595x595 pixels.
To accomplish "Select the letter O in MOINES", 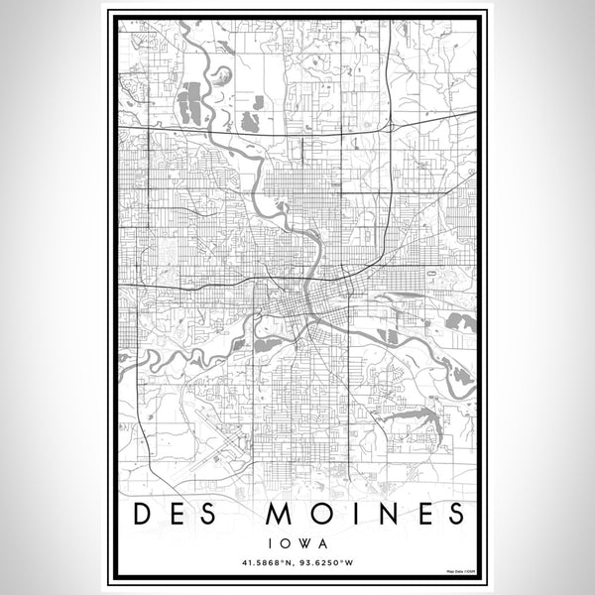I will pos(318,514).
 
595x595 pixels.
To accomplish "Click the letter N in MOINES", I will pos(378,514).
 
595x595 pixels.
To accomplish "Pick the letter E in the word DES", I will pos(179,514).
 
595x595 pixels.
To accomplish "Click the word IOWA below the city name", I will pos(297,543).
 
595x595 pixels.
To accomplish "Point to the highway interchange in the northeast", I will pos(393,126).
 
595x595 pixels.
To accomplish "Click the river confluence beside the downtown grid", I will pos(312,288).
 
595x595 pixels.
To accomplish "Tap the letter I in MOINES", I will pos(349,514).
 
